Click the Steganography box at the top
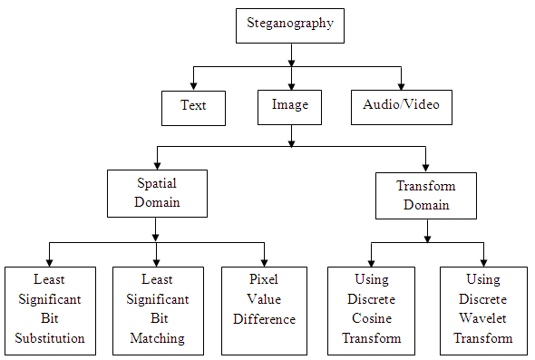pyautogui.click(x=290, y=26)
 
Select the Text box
pyautogui.click(x=193, y=108)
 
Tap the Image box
pyautogui.click(x=289, y=108)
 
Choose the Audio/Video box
pyautogui.click(x=402, y=108)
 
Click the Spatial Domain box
pyautogui.click(x=157, y=193)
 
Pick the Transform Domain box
pyautogui.click(x=426, y=196)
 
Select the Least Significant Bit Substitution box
pyautogui.click(x=50, y=311)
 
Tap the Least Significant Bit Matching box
pyautogui.click(x=159, y=311)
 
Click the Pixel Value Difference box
pyautogui.click(x=264, y=311)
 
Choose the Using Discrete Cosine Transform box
pyautogui.click(x=371, y=311)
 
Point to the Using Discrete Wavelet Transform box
pyautogui.click(x=483, y=311)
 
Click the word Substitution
pyautogui.click(x=50, y=338)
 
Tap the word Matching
pyautogui.click(x=157, y=338)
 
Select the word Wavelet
pyautogui.click(x=482, y=318)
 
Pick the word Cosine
pyautogui.click(x=372, y=318)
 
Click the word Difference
pyautogui.click(x=265, y=319)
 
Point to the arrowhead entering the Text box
pyautogui.click(x=193, y=86)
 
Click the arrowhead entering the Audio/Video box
pyautogui.click(x=401, y=85)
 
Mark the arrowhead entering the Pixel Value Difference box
pyautogui.click(x=265, y=262)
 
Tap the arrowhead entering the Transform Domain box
pyautogui.click(x=426, y=168)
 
